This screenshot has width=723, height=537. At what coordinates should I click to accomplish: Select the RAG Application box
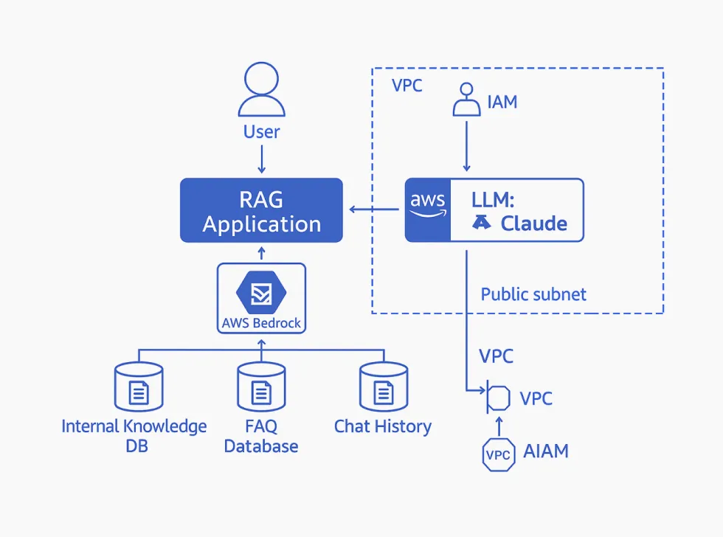pyautogui.click(x=262, y=210)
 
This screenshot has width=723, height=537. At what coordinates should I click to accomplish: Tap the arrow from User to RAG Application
pyautogui.click(x=262, y=159)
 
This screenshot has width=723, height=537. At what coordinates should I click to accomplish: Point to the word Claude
pyautogui.click(x=534, y=224)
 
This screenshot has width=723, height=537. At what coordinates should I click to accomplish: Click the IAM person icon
pyautogui.click(x=466, y=100)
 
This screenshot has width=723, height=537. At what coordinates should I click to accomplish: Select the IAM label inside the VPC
pyautogui.click(x=502, y=102)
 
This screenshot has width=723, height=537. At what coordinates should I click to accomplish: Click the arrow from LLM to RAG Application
pyautogui.click(x=374, y=210)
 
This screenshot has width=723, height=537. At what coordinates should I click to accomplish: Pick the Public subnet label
pyautogui.click(x=533, y=294)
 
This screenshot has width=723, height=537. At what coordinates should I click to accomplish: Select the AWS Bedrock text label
pyautogui.click(x=261, y=323)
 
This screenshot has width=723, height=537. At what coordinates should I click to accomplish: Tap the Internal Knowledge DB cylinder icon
pyautogui.click(x=138, y=387)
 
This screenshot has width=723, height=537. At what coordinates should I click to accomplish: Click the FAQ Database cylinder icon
pyautogui.click(x=261, y=387)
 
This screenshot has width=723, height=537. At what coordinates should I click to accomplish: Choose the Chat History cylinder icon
pyautogui.click(x=383, y=387)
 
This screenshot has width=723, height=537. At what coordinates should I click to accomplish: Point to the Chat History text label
pyautogui.click(x=383, y=426)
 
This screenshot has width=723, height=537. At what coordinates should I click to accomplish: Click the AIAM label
pyautogui.click(x=546, y=451)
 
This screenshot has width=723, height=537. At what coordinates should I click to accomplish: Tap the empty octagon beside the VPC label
pyautogui.click(x=499, y=398)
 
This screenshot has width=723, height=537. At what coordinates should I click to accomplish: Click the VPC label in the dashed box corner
pyautogui.click(x=407, y=85)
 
